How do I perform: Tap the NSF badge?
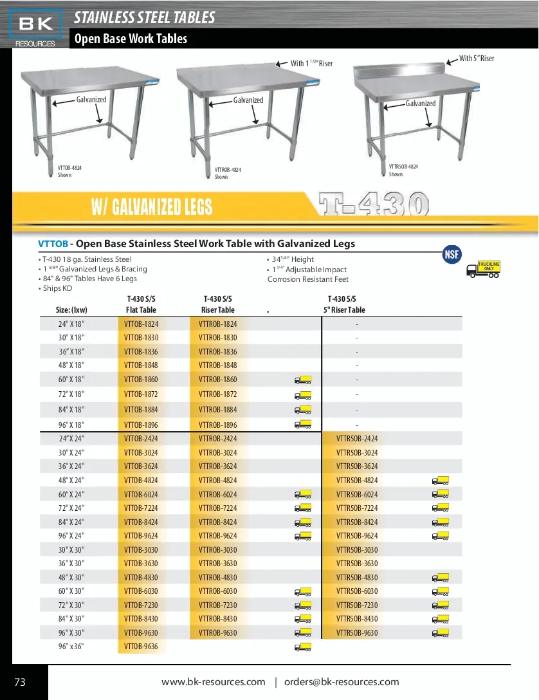(x=452, y=254)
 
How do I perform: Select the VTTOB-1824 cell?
(x=141, y=324)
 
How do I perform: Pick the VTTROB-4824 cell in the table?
(x=217, y=481)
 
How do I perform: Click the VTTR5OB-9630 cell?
(x=357, y=633)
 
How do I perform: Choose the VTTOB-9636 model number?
(x=141, y=647)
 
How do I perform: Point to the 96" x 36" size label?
(x=71, y=647)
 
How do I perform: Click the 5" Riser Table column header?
(x=344, y=310)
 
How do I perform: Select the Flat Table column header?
(x=141, y=310)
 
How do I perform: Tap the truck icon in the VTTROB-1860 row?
(x=303, y=380)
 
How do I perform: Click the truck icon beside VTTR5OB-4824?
(x=440, y=481)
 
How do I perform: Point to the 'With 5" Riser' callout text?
(x=477, y=59)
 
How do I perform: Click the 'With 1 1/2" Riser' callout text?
(x=311, y=64)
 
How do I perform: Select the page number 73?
(x=20, y=683)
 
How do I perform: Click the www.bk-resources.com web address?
(x=213, y=682)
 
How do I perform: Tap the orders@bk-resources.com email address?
(x=342, y=682)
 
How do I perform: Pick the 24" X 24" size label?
(x=71, y=439)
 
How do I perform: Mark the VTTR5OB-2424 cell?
(x=357, y=439)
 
